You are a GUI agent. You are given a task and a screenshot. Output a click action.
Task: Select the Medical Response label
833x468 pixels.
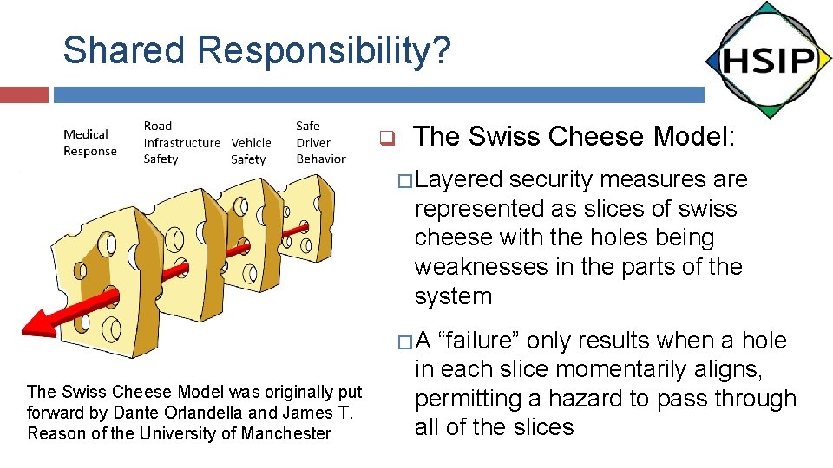89,143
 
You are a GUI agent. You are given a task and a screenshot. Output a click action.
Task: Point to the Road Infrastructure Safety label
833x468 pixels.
180,143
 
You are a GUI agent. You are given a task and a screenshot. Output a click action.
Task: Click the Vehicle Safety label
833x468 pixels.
251,151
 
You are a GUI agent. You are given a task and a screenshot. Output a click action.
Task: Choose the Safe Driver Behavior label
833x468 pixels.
320,143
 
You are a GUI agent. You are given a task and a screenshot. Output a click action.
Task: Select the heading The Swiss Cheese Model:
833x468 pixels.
574,137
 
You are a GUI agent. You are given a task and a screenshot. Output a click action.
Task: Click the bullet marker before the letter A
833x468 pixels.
402,341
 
